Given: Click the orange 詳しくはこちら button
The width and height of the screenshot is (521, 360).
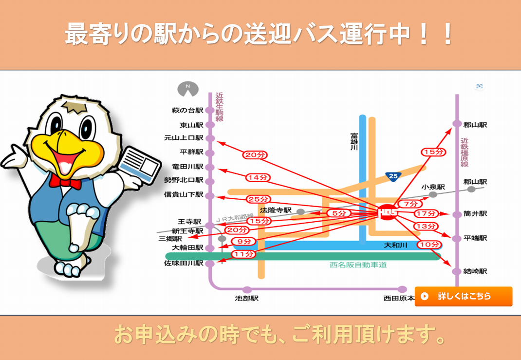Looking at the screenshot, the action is point(463,296).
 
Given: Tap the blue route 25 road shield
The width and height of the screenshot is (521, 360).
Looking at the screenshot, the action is point(393,176).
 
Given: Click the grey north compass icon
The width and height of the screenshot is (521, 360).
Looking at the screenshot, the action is point(188,89).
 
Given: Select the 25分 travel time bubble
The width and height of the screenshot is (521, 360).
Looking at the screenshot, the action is point(258,199).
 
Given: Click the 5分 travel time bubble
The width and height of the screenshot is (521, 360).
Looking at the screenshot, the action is point(338,213).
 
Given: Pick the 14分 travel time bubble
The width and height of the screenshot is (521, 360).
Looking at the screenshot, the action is point(258,178).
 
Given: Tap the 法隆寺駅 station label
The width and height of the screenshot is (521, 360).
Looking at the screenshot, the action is point(276,210).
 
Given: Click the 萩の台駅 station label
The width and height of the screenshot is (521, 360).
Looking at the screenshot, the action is point(187,111).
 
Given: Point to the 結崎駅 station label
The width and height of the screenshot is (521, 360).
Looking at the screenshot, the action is point(475,271).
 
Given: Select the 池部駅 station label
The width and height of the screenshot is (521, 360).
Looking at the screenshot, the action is point(246,299).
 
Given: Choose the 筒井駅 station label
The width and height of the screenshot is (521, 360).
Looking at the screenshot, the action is point(475,214).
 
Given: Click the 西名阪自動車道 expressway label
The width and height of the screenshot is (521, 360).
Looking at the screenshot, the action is point(358,265).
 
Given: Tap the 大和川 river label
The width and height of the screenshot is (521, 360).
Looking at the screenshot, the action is point(395,246).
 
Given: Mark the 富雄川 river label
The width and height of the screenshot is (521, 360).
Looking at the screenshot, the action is point(354,142).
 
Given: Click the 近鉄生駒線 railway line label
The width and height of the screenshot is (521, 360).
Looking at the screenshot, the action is point(219,107).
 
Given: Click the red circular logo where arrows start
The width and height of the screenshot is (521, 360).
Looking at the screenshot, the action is point(388,211).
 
